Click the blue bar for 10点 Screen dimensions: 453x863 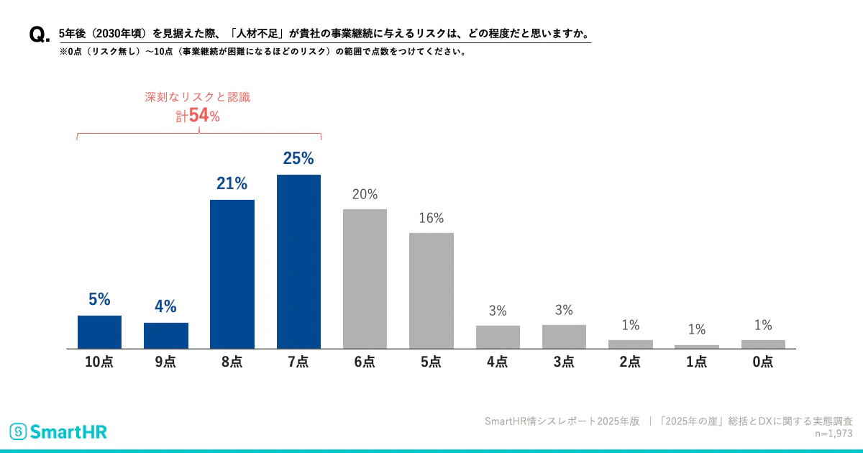click(99, 332)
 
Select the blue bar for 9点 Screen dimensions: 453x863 click(166, 336)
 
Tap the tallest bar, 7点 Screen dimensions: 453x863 click(298, 262)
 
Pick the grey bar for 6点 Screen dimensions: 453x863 click(365, 279)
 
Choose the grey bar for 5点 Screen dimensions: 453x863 click(431, 290)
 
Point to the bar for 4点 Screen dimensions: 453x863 click(498, 337)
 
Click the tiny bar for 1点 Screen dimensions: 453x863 click(697, 347)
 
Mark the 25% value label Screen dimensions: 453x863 click(298, 159)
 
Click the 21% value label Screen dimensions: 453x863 click(232, 184)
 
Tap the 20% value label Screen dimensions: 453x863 click(365, 194)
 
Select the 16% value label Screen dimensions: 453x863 click(431, 218)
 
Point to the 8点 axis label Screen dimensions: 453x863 click(232, 362)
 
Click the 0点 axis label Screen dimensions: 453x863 click(763, 362)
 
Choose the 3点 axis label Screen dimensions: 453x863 click(564, 362)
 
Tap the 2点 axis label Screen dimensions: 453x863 click(630, 362)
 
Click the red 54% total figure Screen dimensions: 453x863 click(203, 116)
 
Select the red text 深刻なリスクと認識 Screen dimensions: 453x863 click(198, 97)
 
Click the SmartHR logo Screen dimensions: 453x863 click(58, 431)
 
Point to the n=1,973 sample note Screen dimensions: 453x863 click(834, 434)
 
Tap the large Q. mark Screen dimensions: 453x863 click(39, 35)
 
